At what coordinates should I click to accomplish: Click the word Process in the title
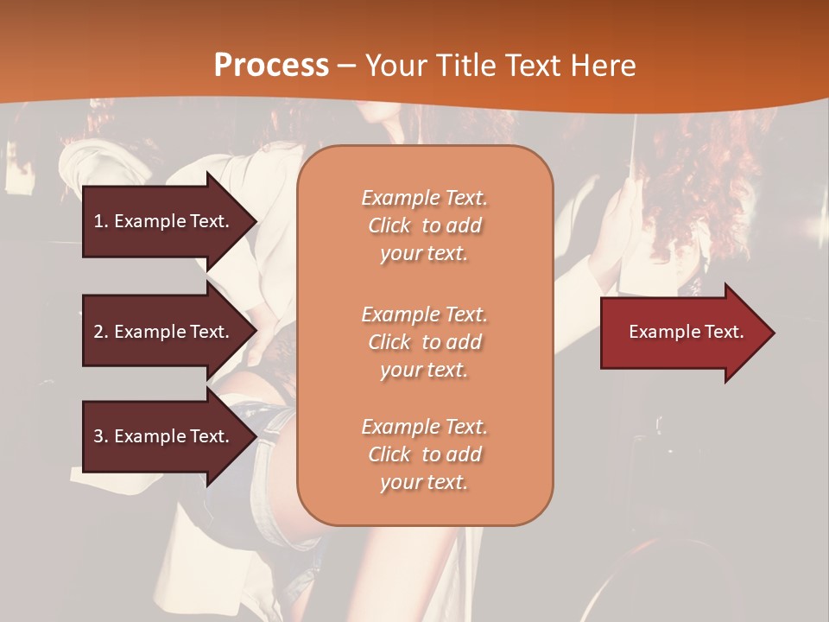pos(271,66)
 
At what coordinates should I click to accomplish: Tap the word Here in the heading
pos(603,66)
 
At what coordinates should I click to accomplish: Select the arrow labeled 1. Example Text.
pos(164,221)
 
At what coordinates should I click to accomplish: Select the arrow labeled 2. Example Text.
pos(164,332)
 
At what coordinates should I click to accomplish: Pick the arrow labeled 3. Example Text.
pos(164,436)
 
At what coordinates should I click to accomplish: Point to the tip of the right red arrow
pos(773,333)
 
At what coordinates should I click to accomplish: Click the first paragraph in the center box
pos(425,225)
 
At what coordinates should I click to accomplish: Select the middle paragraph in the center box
pos(425,342)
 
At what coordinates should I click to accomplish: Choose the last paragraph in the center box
pos(425,454)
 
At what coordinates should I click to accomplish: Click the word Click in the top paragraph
pos(389,225)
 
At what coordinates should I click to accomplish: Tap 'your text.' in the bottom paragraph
pos(424,483)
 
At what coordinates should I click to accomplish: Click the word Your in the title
pos(393,66)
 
